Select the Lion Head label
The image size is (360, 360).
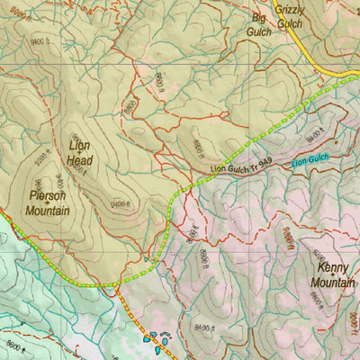point(79,152)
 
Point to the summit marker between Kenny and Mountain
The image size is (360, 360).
point(334,274)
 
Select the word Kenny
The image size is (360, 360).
point(332,267)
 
